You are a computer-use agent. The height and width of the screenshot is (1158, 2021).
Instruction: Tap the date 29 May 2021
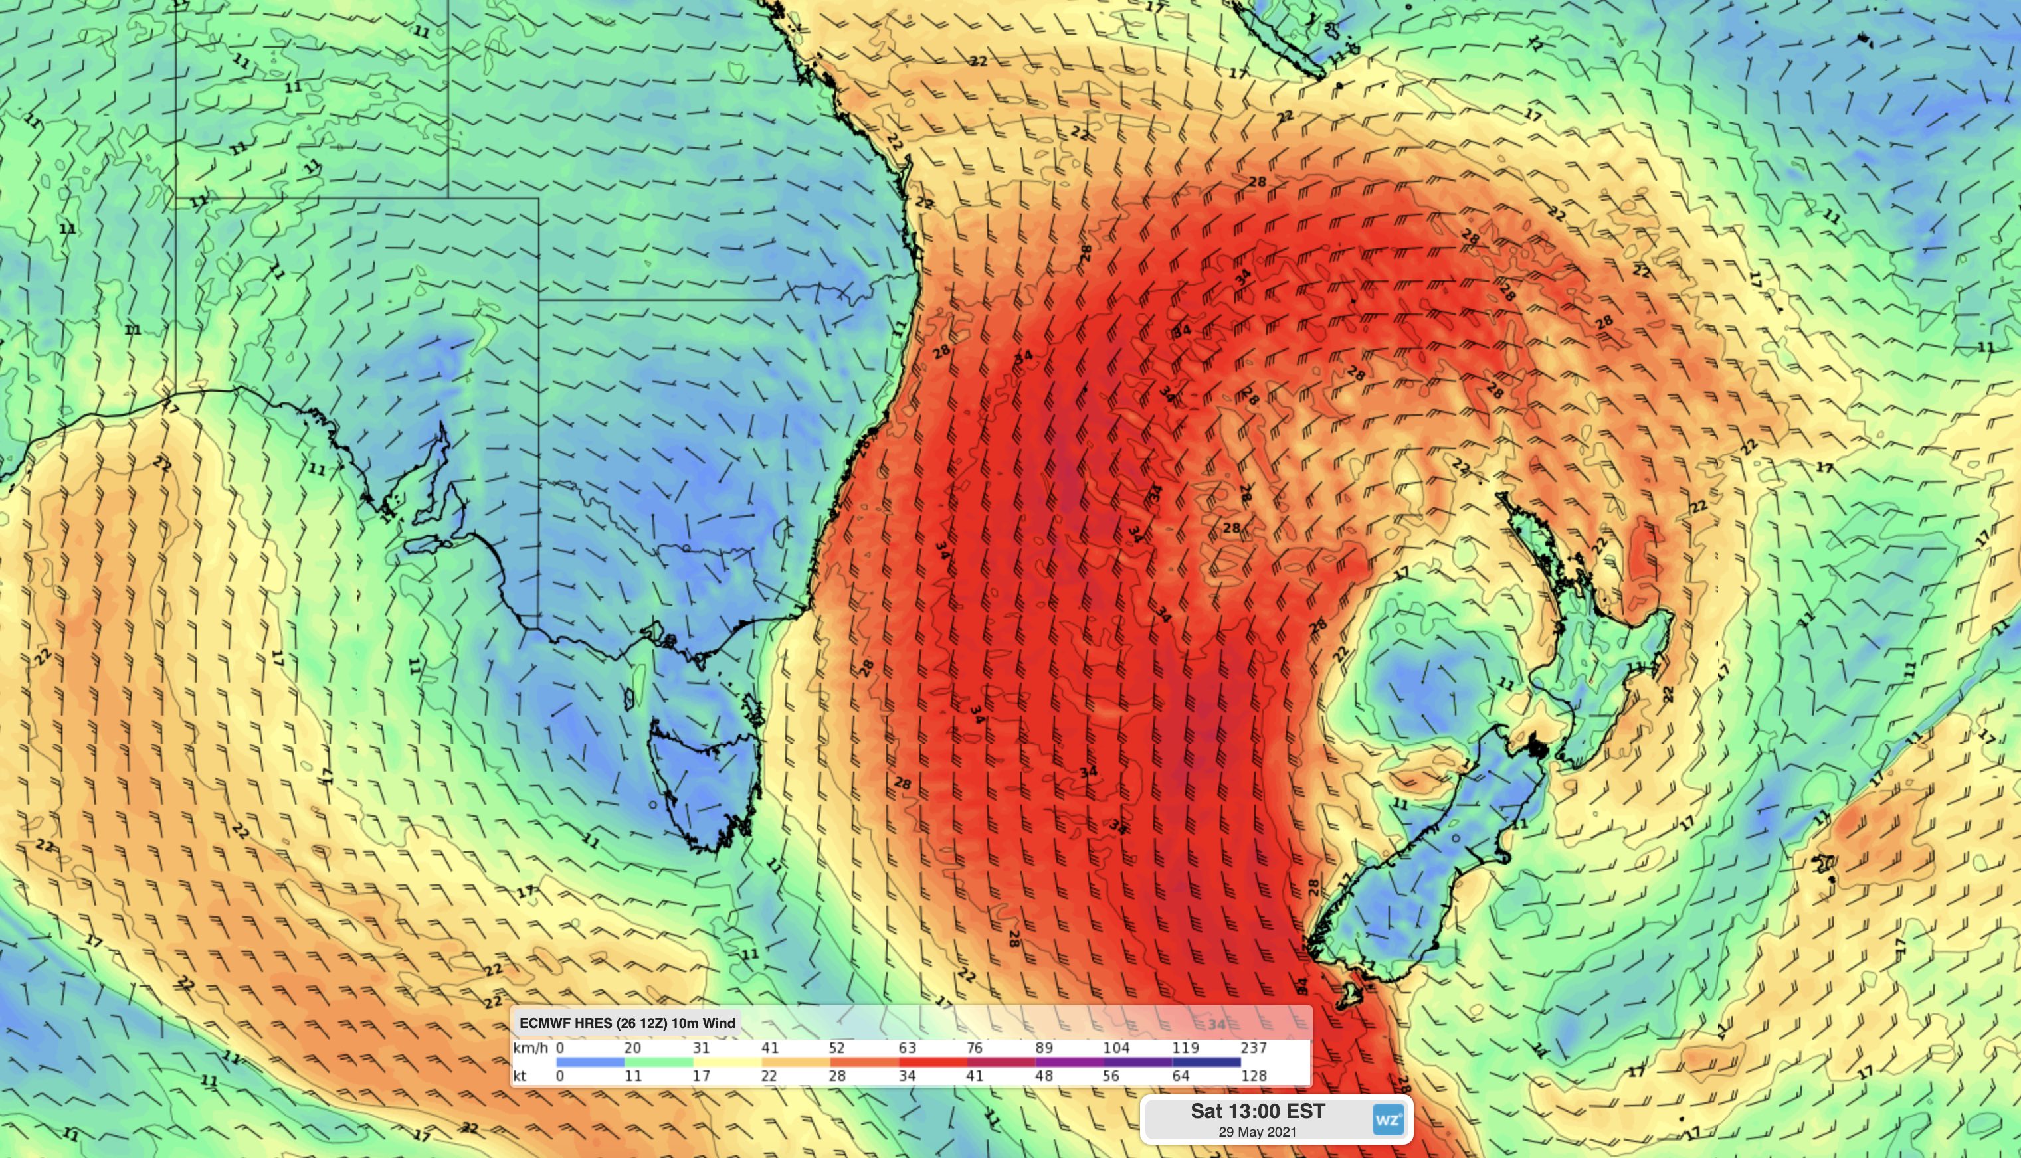(x=1257, y=1131)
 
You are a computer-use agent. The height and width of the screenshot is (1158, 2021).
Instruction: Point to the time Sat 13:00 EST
(x=1257, y=1111)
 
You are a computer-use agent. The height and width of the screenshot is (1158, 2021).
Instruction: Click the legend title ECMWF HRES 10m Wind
(x=627, y=1023)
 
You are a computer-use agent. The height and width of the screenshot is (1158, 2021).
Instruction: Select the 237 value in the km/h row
(x=1253, y=1048)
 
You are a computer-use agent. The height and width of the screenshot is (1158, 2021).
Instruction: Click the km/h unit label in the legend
(x=531, y=1048)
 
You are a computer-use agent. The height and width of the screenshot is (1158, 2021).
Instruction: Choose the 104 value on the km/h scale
(x=1115, y=1048)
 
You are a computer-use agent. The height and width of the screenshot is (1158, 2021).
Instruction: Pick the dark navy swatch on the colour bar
(x=1206, y=1062)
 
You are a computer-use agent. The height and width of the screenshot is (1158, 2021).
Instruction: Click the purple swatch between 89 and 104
(x=1070, y=1062)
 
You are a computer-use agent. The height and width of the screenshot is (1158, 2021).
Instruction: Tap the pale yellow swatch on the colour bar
(x=727, y=1062)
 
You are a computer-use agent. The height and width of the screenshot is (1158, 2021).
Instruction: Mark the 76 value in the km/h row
(x=975, y=1048)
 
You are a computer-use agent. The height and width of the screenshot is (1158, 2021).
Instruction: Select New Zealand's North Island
(x=1599, y=652)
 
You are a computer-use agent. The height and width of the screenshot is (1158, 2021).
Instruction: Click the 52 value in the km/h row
(x=836, y=1048)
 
